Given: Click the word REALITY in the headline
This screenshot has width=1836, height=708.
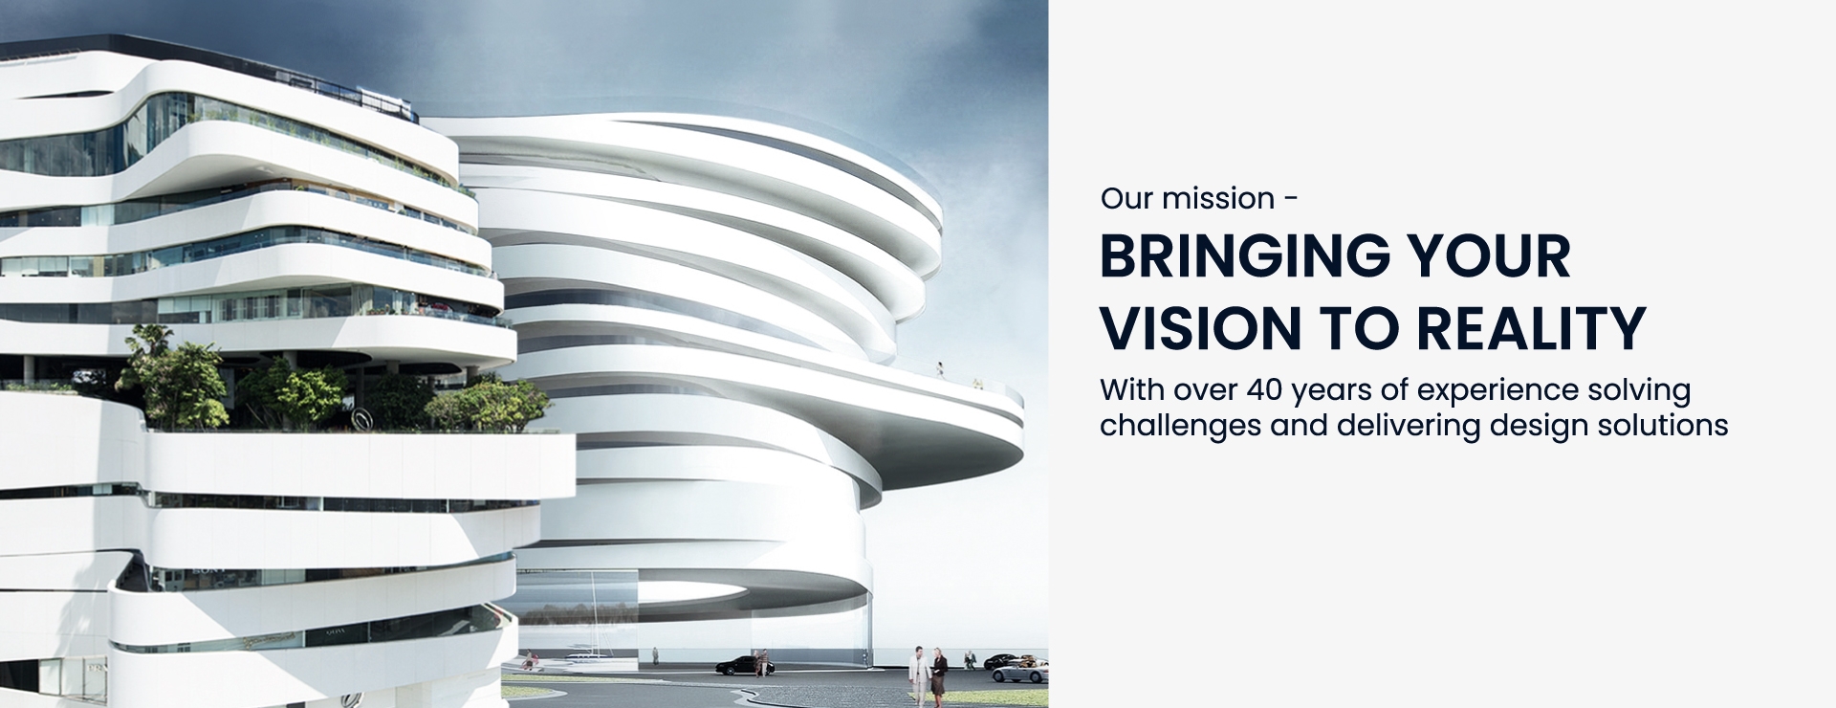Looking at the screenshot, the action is (1531, 328).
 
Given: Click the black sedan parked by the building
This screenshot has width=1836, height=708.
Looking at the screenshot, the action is (744, 665).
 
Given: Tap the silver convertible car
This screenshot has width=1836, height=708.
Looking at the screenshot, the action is (1019, 672).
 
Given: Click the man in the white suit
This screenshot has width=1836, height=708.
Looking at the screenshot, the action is (919, 675).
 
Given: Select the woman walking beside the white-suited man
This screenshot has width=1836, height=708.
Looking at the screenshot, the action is (939, 676).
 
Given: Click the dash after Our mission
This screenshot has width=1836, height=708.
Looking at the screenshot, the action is (1291, 200).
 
